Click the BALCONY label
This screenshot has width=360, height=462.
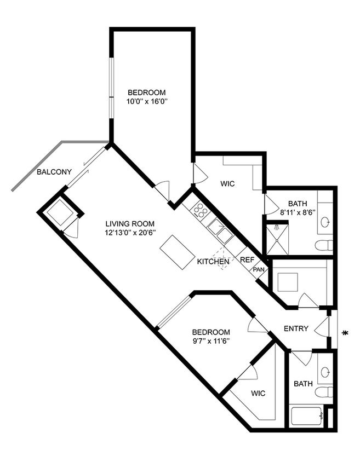(x=54, y=172)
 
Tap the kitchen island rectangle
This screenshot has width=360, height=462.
(x=178, y=252)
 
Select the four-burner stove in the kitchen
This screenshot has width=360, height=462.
(x=199, y=210)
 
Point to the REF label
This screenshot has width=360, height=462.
(x=247, y=259)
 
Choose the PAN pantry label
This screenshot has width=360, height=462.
(x=259, y=270)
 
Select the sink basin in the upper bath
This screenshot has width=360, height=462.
(x=325, y=222)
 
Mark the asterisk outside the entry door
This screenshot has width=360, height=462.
(x=345, y=332)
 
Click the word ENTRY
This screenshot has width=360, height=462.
(x=296, y=328)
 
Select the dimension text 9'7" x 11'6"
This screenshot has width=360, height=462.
(x=210, y=341)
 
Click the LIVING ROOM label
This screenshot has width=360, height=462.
(x=130, y=223)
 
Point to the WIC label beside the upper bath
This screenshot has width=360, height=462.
(x=227, y=184)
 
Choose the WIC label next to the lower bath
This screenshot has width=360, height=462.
(x=259, y=393)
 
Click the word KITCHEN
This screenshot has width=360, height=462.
(x=213, y=262)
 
